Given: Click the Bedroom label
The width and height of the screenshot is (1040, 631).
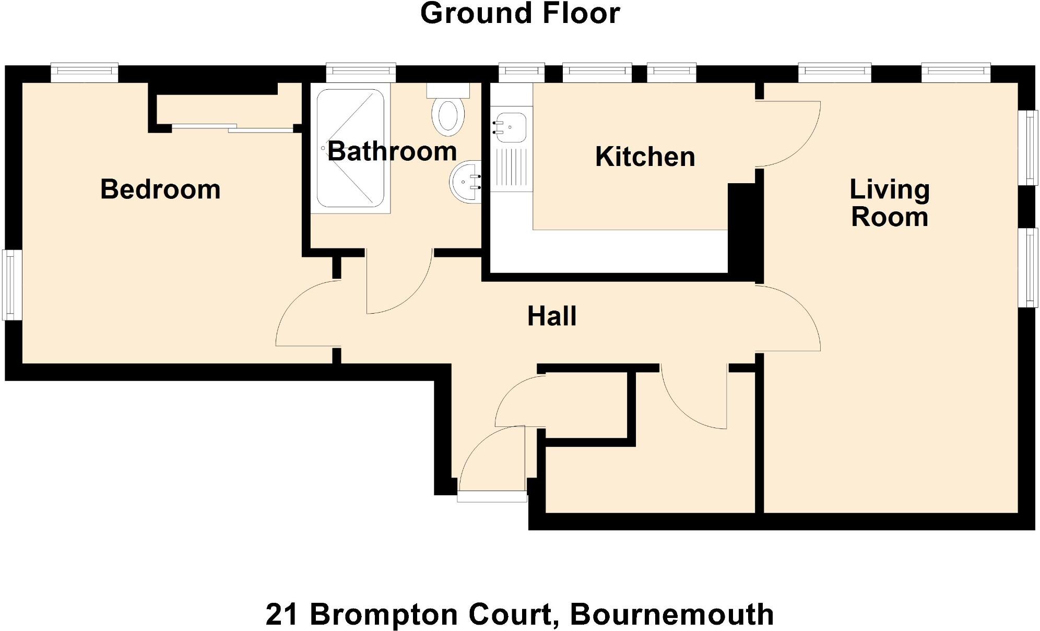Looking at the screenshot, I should point(160,189).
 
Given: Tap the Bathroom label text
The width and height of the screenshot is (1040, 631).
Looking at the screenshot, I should point(392,151).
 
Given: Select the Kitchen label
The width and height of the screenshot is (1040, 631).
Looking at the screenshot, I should point(645,157).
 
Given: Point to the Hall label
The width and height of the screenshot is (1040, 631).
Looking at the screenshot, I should point(552,316).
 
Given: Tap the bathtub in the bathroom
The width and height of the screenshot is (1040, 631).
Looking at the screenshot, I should point(350,148).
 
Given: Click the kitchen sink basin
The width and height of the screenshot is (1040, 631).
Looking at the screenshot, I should point(511,127).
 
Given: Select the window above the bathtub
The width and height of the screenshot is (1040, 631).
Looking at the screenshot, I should point(361,72).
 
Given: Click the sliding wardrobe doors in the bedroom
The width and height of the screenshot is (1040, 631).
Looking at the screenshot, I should point(230,127).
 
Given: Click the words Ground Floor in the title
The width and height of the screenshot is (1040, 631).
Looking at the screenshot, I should point(520,14).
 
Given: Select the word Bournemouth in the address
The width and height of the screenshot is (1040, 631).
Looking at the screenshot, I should point(671,614).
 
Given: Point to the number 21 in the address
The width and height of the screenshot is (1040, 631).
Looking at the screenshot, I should point(281,614).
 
